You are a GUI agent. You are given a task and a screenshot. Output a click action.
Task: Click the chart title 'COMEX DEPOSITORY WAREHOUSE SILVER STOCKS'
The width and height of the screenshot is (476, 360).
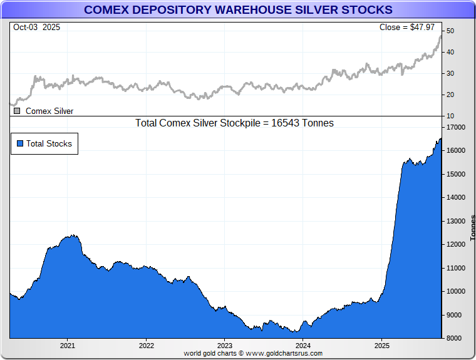pos(238,9)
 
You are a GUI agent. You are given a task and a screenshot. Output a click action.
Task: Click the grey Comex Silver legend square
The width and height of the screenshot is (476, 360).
pos(17,111)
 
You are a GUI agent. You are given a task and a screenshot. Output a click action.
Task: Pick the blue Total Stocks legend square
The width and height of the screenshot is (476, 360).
pos(20,143)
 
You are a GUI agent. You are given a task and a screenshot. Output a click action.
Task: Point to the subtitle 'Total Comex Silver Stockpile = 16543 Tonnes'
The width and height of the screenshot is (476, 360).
pos(234,123)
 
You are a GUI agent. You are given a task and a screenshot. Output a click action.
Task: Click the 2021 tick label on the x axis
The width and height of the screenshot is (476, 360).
pos(68,345)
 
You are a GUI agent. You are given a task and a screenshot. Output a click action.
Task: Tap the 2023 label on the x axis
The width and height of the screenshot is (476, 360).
pos(225,345)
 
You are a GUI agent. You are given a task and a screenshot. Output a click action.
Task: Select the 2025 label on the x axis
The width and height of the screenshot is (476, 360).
pos(382,345)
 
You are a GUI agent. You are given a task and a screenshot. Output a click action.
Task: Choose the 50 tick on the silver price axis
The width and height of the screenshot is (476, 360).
pos(450,31)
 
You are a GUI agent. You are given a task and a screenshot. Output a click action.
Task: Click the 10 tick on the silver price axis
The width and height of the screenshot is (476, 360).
pos(450,116)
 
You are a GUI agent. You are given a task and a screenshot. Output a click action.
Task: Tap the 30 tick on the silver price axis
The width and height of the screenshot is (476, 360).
pos(450,73)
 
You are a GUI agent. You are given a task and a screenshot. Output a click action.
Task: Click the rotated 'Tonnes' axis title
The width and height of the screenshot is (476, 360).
pos(473,228)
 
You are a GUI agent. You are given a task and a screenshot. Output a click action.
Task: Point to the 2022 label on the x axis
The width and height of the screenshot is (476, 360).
pos(147,345)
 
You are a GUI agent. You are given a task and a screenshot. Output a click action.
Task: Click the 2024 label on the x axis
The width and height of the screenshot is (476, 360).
pos(303,345)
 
